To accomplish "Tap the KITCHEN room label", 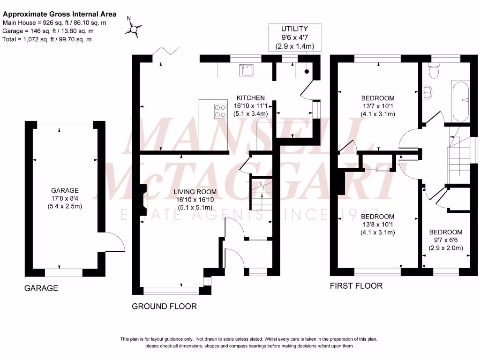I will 250,98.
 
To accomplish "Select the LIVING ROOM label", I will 195,192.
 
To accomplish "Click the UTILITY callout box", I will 294,37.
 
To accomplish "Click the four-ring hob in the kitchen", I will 219,111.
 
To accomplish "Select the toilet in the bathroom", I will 434,71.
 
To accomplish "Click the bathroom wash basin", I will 427,91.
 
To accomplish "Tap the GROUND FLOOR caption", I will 164,307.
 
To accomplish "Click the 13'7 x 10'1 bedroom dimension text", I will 377,106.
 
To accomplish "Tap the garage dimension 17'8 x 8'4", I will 65,199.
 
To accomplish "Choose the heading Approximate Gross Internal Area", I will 60,15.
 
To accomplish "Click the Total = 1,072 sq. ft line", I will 47,39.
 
